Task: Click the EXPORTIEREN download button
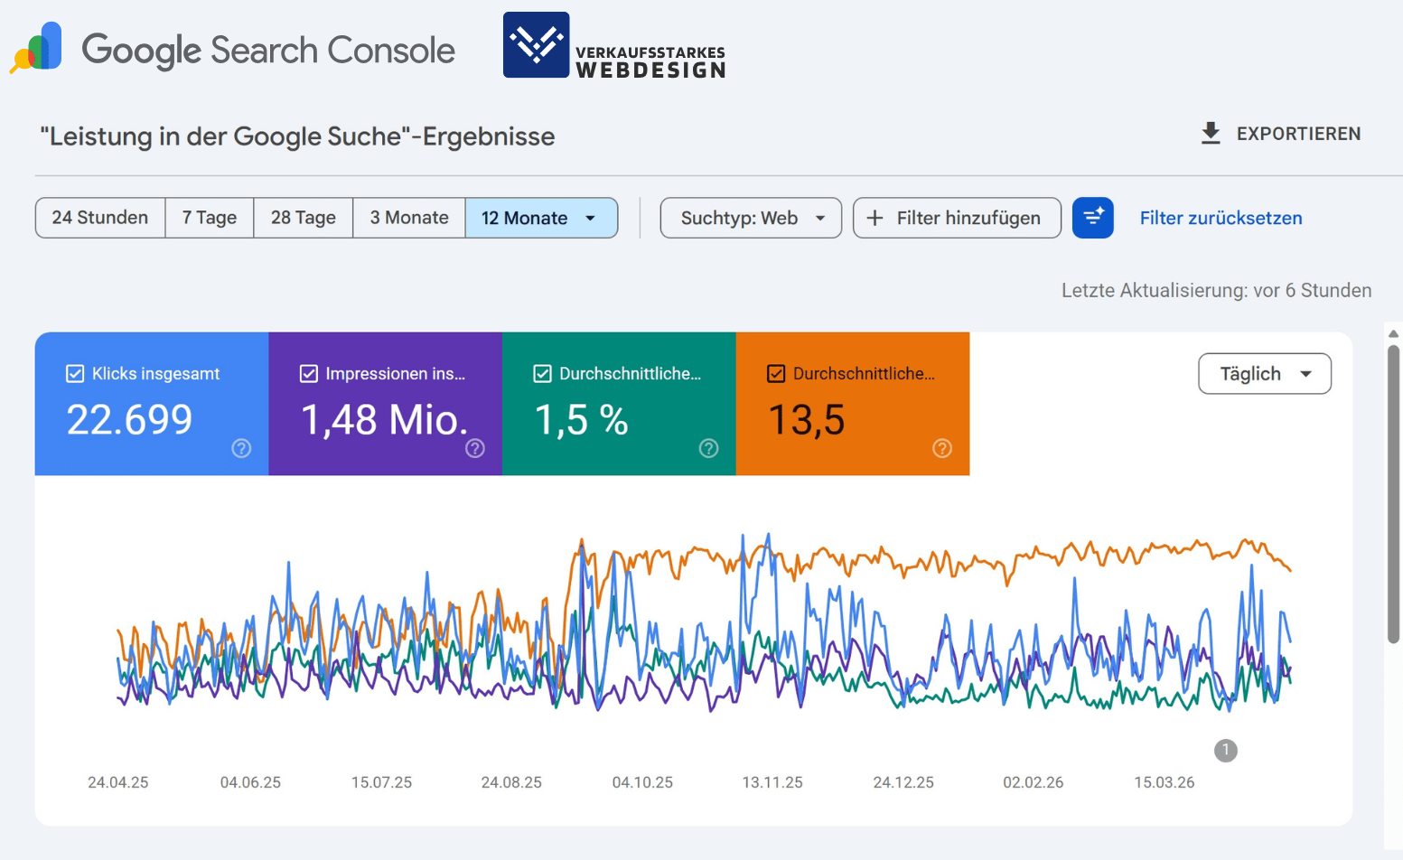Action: [x=1280, y=134]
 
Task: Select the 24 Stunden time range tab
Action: [x=100, y=218]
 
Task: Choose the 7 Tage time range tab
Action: [x=210, y=218]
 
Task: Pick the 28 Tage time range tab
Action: [x=304, y=218]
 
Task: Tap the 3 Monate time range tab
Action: [x=409, y=218]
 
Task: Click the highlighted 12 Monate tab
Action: [x=540, y=218]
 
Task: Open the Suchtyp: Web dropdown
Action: [x=751, y=218]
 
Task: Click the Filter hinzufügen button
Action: [x=957, y=218]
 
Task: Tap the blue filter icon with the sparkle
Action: [x=1093, y=218]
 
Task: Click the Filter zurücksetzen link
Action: [x=1221, y=218]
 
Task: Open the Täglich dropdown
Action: [x=1264, y=374]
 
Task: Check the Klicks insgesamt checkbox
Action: [x=75, y=374]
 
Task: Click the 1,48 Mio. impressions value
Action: [x=384, y=420]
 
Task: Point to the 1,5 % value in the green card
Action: [x=581, y=420]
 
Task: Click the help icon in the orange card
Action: [x=942, y=448]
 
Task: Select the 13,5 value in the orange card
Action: [x=806, y=420]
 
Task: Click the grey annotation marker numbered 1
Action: [x=1226, y=750]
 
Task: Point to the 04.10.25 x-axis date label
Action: [x=642, y=782]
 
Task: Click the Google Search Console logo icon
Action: [x=37, y=48]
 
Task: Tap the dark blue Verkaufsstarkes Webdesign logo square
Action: [x=536, y=44]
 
